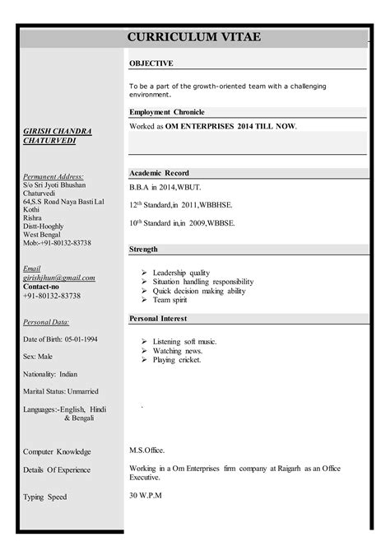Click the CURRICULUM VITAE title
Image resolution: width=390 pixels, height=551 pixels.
pyautogui.click(x=194, y=37)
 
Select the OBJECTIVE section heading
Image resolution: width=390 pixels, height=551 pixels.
pyautogui.click(x=151, y=63)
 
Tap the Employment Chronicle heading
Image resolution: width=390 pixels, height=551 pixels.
pyautogui.click(x=166, y=112)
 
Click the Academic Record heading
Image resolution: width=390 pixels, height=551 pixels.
pyautogui.click(x=159, y=173)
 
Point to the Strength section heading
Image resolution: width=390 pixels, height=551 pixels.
pyautogui.click(x=145, y=249)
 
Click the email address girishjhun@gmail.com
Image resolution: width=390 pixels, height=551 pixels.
pyautogui.click(x=58, y=278)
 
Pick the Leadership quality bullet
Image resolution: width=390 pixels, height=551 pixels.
pyautogui.click(x=181, y=273)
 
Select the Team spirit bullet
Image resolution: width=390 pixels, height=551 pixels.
pyautogui.click(x=170, y=301)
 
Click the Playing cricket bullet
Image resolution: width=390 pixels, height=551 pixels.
pyautogui.click(x=176, y=360)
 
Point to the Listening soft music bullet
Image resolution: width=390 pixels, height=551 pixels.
pyautogui.click(x=183, y=341)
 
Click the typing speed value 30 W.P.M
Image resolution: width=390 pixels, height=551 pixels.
pyautogui.click(x=146, y=495)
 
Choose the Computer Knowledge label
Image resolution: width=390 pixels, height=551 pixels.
pyautogui.click(x=57, y=452)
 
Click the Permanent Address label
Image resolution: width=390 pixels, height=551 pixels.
pyautogui.click(x=53, y=176)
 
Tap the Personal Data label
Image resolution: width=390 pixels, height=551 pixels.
pyautogui.click(x=46, y=322)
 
